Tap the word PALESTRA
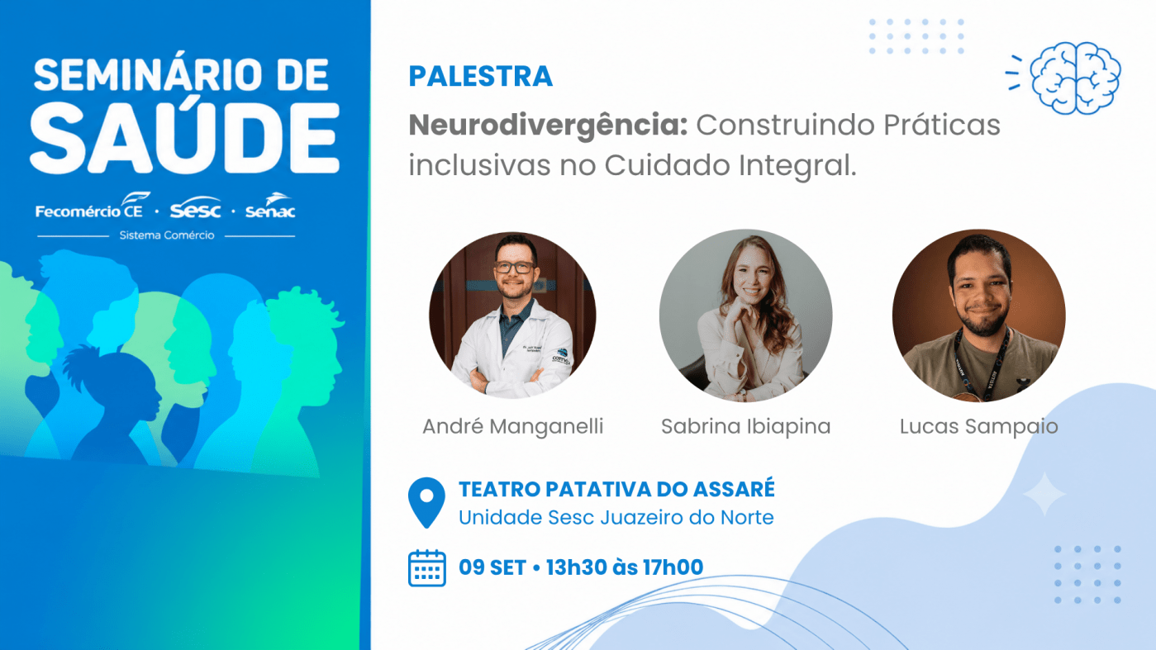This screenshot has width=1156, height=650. pyautogui.click(x=480, y=76)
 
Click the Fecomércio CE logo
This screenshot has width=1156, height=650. pyautogui.click(x=93, y=206)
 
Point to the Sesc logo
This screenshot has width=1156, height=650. pyautogui.click(x=195, y=207)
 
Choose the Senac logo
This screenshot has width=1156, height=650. pyautogui.click(x=270, y=206)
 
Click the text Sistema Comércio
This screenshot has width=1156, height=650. pyautogui.click(x=167, y=235)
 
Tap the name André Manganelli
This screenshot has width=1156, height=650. pyautogui.click(x=513, y=427)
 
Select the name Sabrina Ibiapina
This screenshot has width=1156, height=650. pyautogui.click(x=745, y=427)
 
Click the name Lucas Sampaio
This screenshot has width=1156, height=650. pyautogui.click(x=979, y=427)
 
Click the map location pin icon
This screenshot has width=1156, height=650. pyautogui.click(x=426, y=502)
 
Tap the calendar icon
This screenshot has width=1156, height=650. pyautogui.click(x=427, y=568)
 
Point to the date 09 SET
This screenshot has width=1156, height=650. pyautogui.click(x=492, y=567)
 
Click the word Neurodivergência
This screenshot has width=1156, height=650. pyautogui.click(x=548, y=126)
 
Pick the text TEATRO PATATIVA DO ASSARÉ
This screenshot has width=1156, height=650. pyautogui.click(x=616, y=489)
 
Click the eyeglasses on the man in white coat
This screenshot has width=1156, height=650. pyautogui.click(x=514, y=268)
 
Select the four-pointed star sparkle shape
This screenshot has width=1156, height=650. pyautogui.click(x=1044, y=494)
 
